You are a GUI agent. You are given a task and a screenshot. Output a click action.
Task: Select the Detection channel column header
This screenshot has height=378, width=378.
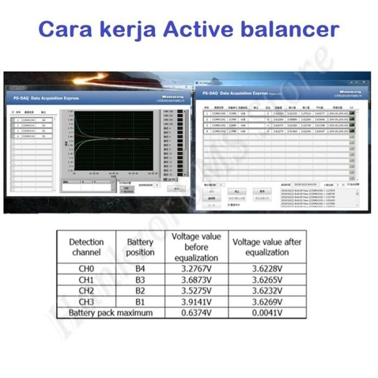pos(86,247)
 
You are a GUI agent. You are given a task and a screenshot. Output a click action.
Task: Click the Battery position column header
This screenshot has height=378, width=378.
pos(140,247)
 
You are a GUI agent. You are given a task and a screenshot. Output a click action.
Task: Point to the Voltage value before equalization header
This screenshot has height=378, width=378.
pos(196,247)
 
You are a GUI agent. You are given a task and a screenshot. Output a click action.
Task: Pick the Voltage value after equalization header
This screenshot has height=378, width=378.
pos(267,247)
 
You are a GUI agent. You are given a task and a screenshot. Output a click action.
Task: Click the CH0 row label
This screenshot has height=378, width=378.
pos(86,269)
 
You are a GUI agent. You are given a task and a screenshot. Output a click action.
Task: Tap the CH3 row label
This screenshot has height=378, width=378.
pos(86,301)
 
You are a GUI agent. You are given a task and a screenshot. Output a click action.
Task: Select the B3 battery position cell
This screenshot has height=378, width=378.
pos(140,280)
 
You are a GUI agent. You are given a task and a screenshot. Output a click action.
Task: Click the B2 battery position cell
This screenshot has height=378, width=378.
pos(140,291)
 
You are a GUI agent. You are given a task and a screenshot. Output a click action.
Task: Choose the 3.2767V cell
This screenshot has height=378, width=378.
pos(196,269)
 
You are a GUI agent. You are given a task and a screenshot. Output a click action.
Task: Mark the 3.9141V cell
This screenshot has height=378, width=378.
pos(196,301)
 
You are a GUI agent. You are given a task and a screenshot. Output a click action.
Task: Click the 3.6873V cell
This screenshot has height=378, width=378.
pos(196,280)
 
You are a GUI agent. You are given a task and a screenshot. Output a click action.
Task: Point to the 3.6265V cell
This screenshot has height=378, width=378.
pos(267,280)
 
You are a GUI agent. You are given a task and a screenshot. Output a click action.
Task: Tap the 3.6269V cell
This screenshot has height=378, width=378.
pos(267,301)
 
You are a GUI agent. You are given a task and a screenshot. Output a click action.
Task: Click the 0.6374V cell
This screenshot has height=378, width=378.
pos(196,313)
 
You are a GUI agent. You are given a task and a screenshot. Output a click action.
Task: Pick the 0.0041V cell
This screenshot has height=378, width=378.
pos(267,313)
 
